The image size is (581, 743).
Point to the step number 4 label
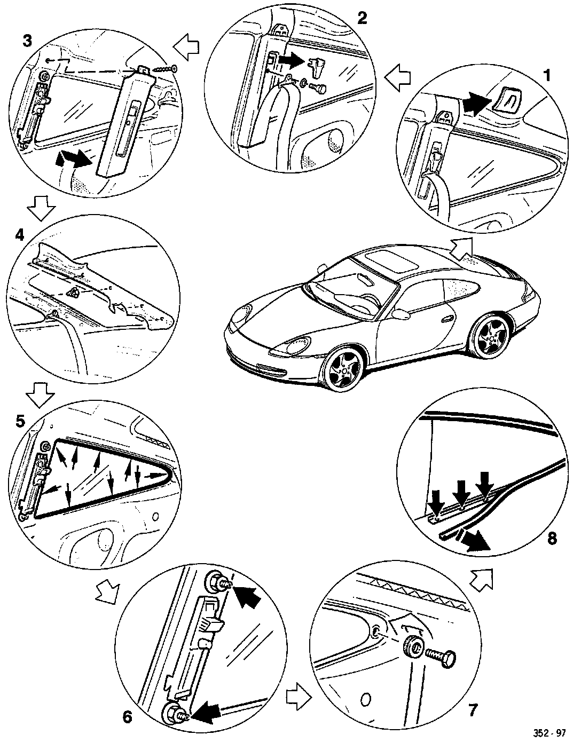point(20,234)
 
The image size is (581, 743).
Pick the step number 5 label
point(20,421)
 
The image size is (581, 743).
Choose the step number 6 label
point(127,717)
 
